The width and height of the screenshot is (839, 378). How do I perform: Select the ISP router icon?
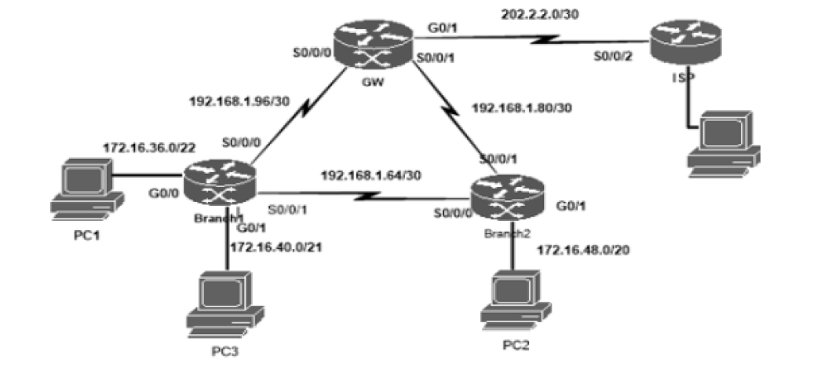tap(683, 43)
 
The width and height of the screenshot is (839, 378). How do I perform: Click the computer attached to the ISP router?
tap(723, 141)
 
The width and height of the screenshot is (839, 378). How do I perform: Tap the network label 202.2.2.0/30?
tap(540, 14)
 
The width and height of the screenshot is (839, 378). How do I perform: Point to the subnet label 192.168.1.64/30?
tap(370, 174)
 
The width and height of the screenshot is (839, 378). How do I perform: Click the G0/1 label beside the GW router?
tap(440, 28)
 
